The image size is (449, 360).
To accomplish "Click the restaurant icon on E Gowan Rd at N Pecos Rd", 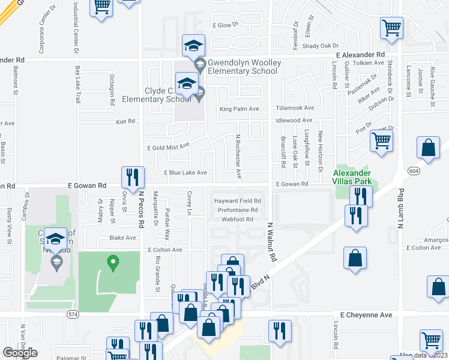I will tap(133, 177).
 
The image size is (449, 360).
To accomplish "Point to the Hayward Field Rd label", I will tap(238, 201).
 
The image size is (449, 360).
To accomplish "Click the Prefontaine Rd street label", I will tap(238, 210).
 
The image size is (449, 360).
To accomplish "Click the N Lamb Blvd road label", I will tap(399, 210).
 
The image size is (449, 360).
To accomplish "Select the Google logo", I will tap(20, 353).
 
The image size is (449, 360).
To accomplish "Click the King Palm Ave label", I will tap(239, 109).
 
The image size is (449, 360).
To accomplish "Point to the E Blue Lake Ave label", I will tap(185, 173).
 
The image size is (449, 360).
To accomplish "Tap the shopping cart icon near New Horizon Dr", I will tap(381, 141).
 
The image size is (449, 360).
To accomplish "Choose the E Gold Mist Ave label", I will tap(169, 146).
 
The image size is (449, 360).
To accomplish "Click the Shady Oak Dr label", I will tap(321, 46).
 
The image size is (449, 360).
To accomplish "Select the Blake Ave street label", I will tap(122, 238).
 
